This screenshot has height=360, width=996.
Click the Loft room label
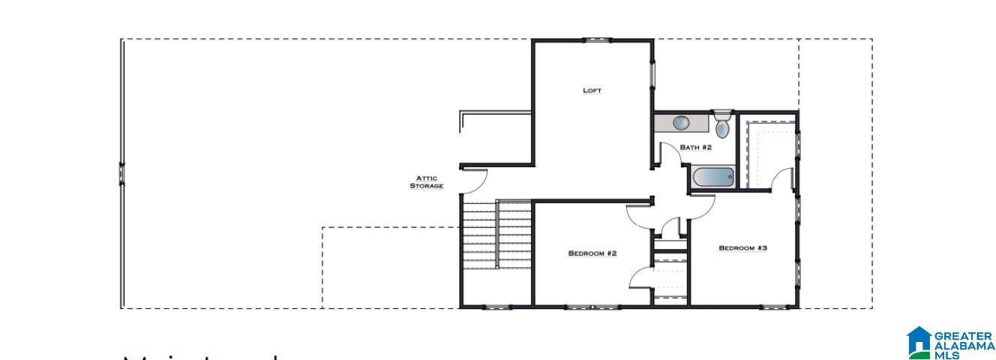coord(592,91)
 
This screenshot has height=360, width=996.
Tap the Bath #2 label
coord(695,148)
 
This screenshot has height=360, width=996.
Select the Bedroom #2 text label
coord(592,253)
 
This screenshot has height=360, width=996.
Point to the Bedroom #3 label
coord(742,248)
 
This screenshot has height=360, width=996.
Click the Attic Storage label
coord(426,181)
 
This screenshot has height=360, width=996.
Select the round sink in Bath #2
coord(681,123)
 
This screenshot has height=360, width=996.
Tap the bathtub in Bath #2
coord(712,178)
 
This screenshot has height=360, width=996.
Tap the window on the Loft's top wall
coord(595,40)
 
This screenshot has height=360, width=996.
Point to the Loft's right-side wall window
coord(652,75)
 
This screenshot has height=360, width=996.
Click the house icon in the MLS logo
coord(919,341)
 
